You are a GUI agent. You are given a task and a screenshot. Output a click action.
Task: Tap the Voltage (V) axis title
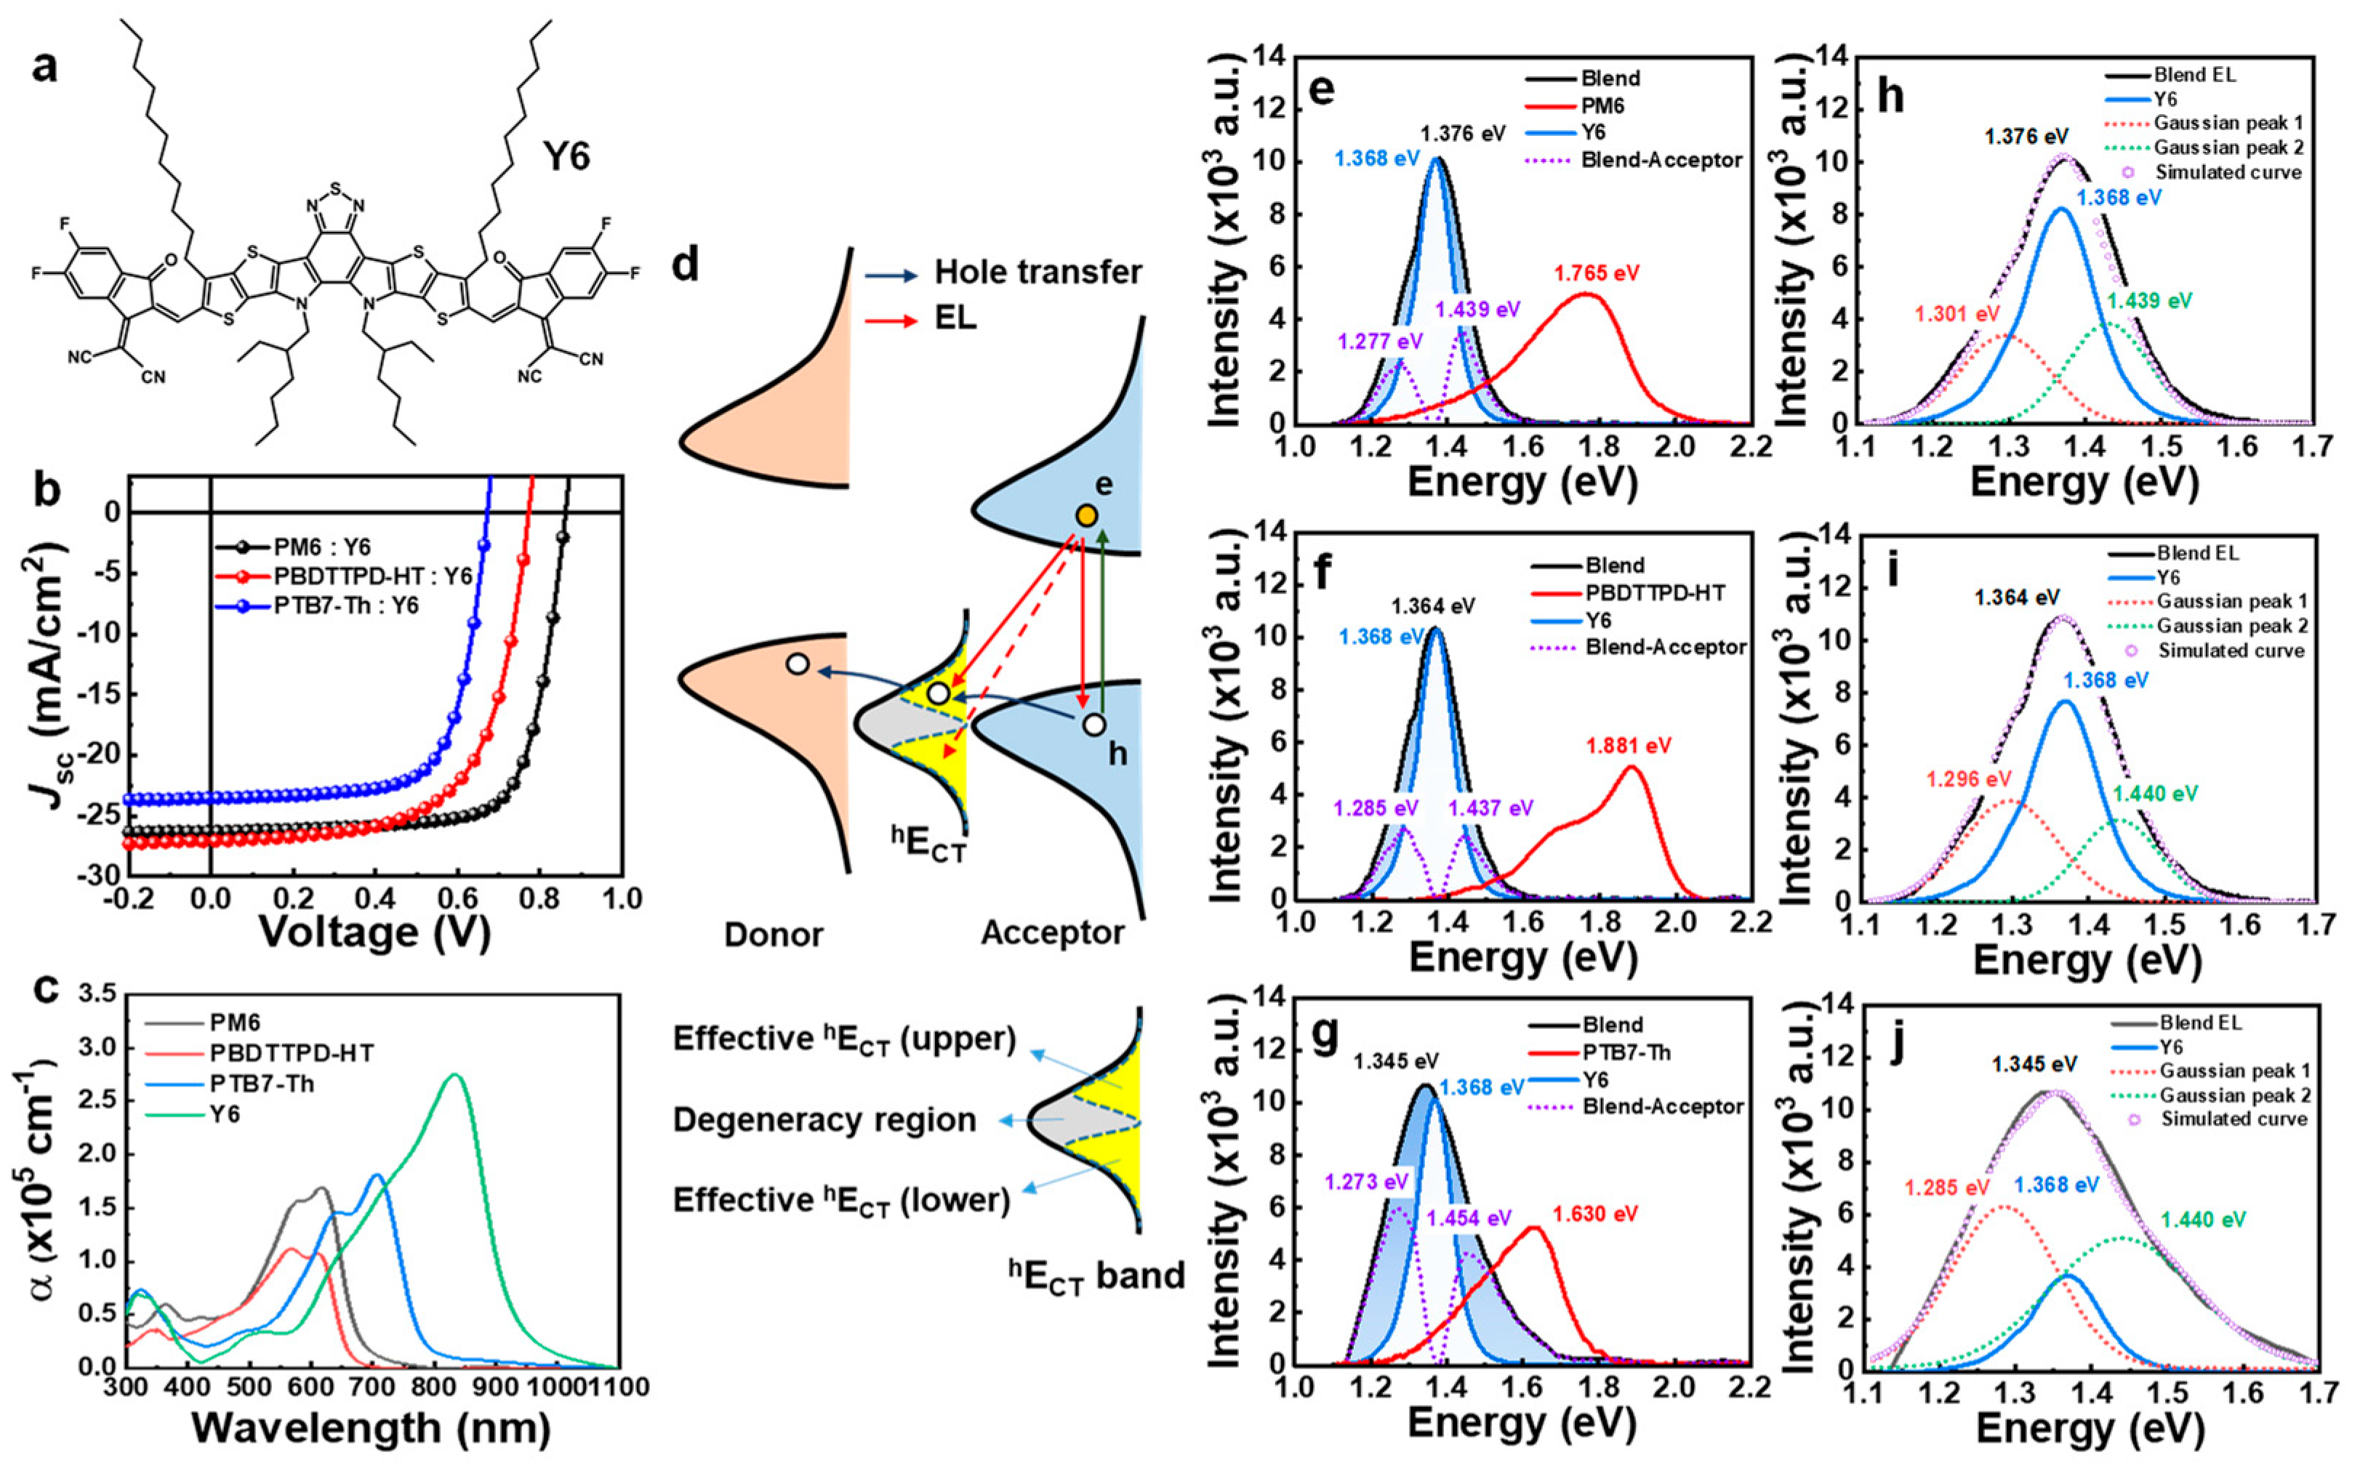click(x=374, y=932)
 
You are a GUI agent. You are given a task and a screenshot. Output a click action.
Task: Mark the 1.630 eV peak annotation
click(x=1595, y=1214)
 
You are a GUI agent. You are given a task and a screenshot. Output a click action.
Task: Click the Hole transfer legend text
click(x=1037, y=273)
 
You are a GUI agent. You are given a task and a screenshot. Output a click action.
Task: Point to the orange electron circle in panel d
click(x=1087, y=517)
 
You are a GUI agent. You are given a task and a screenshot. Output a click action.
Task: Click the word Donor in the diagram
click(x=774, y=935)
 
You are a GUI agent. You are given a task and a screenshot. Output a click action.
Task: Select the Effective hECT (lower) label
click(x=841, y=1201)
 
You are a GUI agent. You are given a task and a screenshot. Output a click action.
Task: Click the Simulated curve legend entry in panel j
click(x=2234, y=1119)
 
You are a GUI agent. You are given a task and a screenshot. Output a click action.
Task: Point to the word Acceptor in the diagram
click(x=1052, y=932)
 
